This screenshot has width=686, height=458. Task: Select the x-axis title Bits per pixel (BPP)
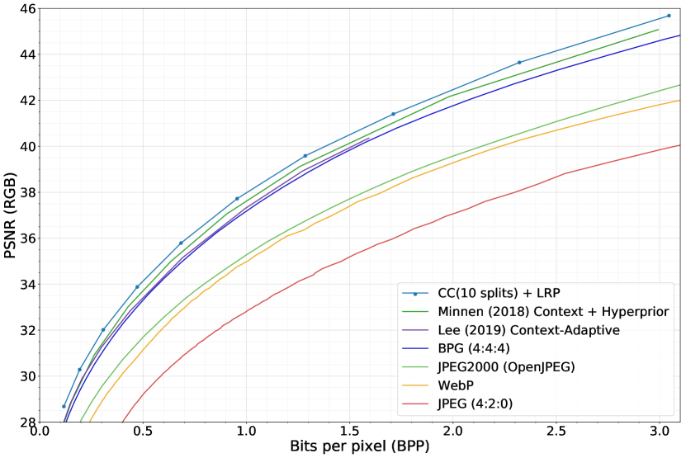[x=359, y=447]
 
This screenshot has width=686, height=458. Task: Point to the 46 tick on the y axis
[x=24, y=8]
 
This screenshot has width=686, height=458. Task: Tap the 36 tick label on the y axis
[x=24, y=238]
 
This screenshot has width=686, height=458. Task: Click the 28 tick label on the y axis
[x=24, y=422]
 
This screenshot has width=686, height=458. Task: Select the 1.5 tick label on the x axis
[x=349, y=432]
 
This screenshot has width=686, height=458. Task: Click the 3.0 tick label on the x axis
[x=659, y=432]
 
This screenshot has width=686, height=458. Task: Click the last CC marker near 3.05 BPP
[x=669, y=16]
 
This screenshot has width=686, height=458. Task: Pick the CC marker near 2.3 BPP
[x=519, y=62]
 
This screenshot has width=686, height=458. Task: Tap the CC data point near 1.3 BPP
[x=305, y=156]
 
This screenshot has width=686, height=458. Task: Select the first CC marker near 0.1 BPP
[x=64, y=406]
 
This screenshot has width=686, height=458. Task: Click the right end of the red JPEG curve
[x=679, y=145]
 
